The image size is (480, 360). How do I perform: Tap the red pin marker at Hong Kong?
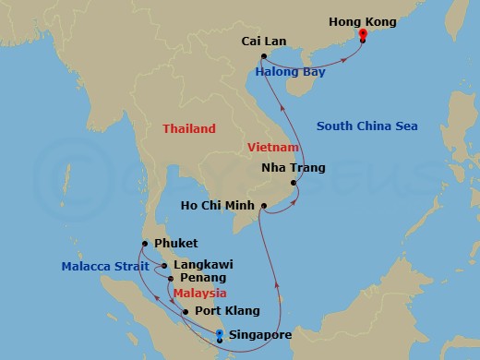pyautogui.click(x=363, y=36)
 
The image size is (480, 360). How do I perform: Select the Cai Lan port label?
pyautogui.click(x=262, y=42)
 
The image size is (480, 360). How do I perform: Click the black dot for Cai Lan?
pyautogui.click(x=264, y=55)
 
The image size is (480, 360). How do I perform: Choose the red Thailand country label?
pyautogui.click(x=188, y=129)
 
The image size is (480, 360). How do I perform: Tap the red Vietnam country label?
pyautogui.click(x=272, y=147)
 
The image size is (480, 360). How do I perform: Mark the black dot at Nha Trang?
pyautogui.click(x=294, y=183)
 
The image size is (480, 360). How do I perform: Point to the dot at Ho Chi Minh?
pyautogui.click(x=264, y=204)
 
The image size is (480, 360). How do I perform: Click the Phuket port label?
pyautogui.click(x=176, y=244)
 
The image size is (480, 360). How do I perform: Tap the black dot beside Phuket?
pyautogui.click(x=146, y=244)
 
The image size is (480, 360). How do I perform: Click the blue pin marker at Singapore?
pyautogui.click(x=219, y=335)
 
